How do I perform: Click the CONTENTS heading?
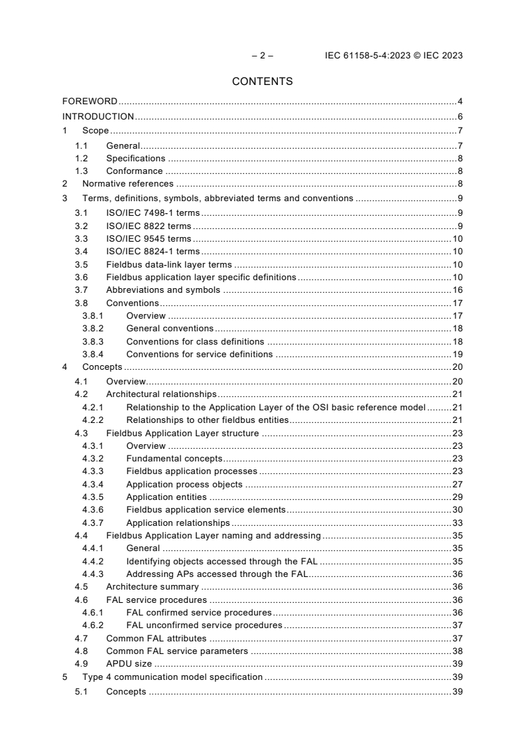[263, 82]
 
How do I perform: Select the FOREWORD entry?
[90, 102]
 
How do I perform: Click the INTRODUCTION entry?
[98, 116]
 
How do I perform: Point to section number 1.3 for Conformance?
[82, 171]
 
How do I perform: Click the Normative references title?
[127, 183]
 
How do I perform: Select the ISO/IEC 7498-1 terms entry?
[153, 212]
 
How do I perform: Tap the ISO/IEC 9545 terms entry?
[148, 238]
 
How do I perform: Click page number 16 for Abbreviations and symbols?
[457, 290]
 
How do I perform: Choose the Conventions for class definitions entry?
[196, 341]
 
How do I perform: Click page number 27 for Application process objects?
[457, 484]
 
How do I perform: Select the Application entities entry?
[166, 497]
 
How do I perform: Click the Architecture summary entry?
[152, 587]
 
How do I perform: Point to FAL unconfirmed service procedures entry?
[204, 625]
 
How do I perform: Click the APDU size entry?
[129, 664]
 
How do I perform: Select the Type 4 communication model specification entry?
[172, 677]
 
